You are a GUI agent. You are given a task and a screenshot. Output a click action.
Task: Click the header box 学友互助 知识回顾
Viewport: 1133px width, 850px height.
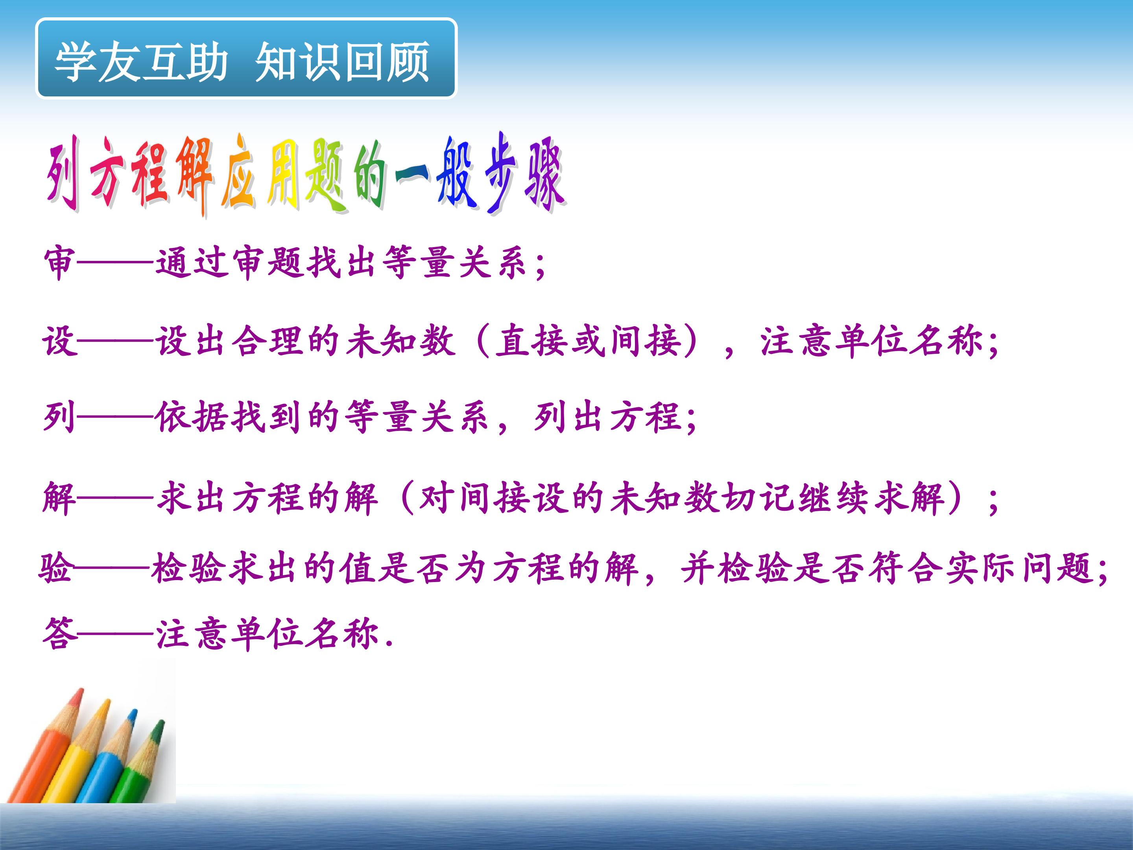pos(246,58)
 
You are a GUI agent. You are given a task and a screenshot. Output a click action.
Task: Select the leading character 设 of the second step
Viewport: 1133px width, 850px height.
pos(59,341)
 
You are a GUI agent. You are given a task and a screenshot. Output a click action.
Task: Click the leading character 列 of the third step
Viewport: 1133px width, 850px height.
pos(60,417)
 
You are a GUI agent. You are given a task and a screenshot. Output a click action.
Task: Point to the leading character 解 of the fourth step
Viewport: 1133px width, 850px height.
pos(59,497)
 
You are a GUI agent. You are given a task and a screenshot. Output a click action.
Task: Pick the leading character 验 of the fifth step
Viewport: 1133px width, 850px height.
pos(56,569)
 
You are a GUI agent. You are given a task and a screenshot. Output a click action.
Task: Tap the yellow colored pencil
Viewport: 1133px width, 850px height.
pos(77,753)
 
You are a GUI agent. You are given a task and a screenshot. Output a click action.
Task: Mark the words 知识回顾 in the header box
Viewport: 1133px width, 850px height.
pos(342,61)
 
